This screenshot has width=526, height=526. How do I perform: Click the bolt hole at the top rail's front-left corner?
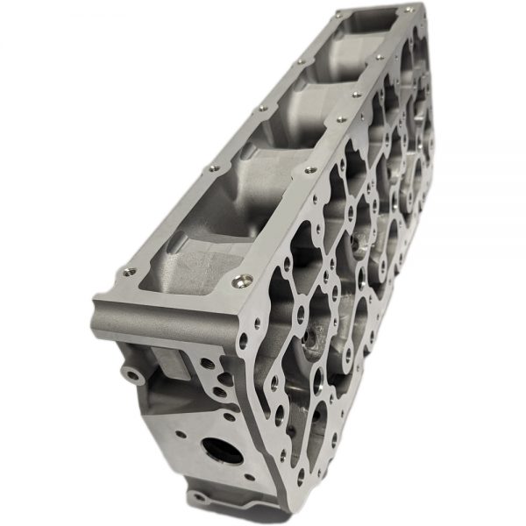click(130, 271)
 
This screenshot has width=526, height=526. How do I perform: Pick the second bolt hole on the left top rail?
click(210, 167)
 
